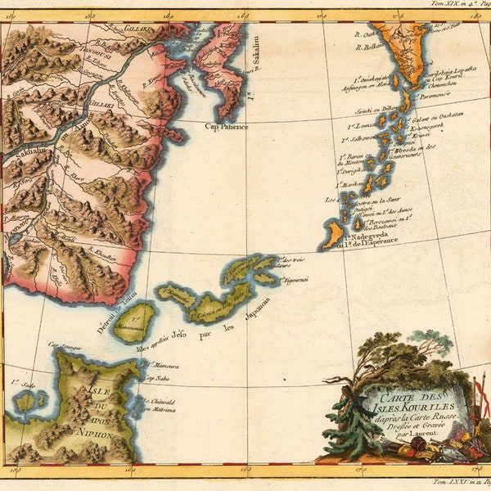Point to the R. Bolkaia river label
[x=369, y=47]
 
